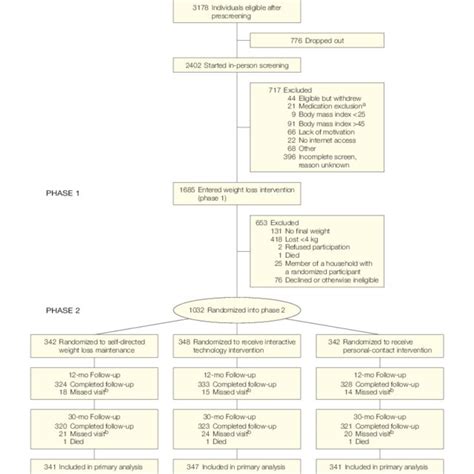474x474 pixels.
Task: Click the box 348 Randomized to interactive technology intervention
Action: click(237, 345)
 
